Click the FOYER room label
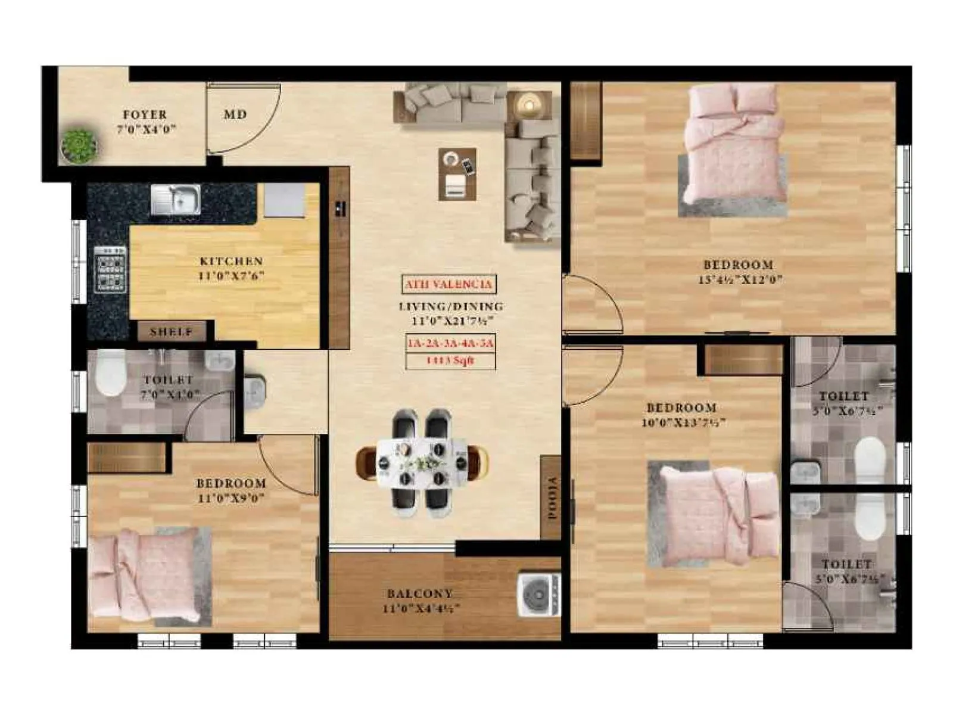145,114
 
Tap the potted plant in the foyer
79,145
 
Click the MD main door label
235,114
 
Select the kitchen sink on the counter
175,199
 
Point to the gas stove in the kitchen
110,269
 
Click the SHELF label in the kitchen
171,332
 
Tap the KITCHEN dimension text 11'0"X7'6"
231,276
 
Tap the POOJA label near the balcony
552,498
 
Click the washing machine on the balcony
539,594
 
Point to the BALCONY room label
420,593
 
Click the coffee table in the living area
457,174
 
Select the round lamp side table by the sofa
528,105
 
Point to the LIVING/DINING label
450,306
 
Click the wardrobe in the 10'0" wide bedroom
743,360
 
